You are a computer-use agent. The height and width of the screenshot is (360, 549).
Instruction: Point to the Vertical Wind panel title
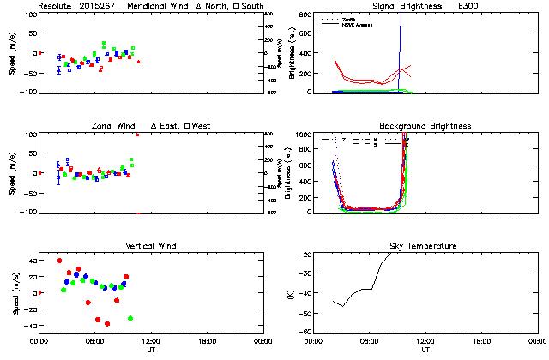click(150, 246)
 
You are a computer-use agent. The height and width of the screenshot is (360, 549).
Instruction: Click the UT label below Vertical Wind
click(150, 350)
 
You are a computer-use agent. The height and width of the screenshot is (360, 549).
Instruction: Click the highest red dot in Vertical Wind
click(59, 261)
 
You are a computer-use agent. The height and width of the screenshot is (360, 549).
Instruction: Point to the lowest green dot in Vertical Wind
click(130, 318)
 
